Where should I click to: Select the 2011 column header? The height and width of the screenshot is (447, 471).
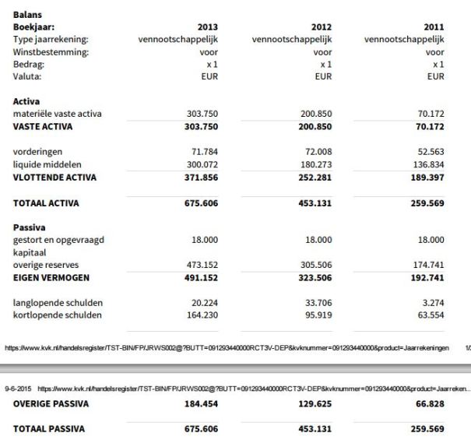[x=433, y=26]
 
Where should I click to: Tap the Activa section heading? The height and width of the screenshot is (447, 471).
[x=27, y=100]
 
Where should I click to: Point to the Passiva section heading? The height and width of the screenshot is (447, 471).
[x=31, y=227]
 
